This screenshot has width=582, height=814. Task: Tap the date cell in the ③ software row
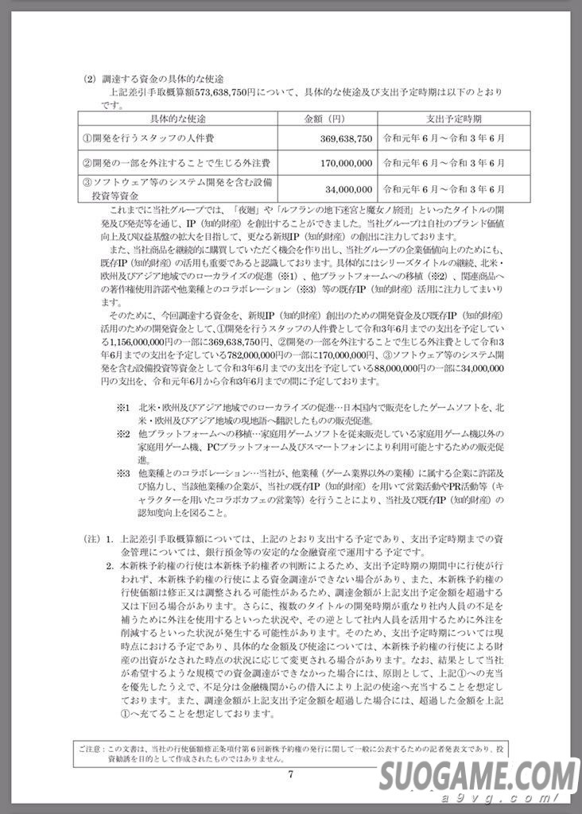tap(443, 189)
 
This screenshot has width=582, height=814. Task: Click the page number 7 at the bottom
tap(291, 775)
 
